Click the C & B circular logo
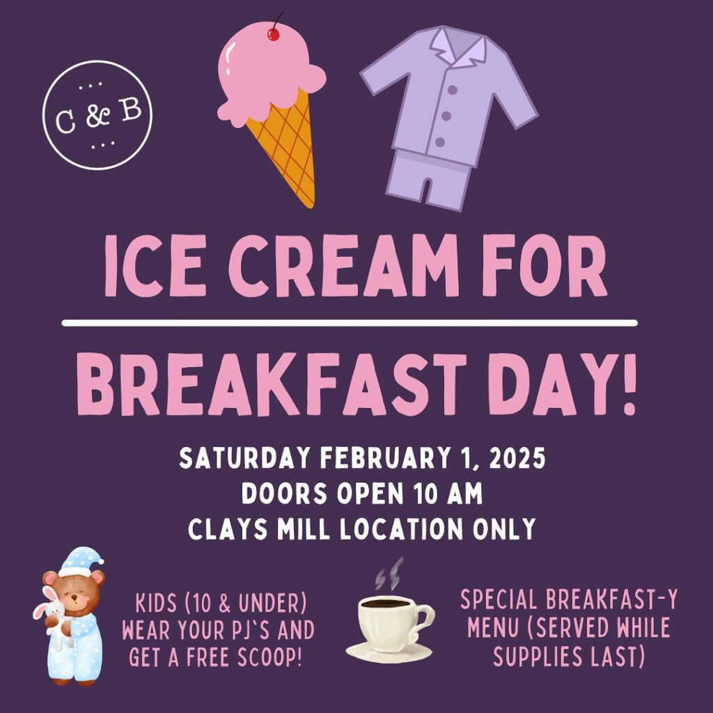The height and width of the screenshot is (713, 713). point(97,115)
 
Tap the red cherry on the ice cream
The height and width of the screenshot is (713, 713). point(273,33)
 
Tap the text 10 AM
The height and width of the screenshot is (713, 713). point(444,494)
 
